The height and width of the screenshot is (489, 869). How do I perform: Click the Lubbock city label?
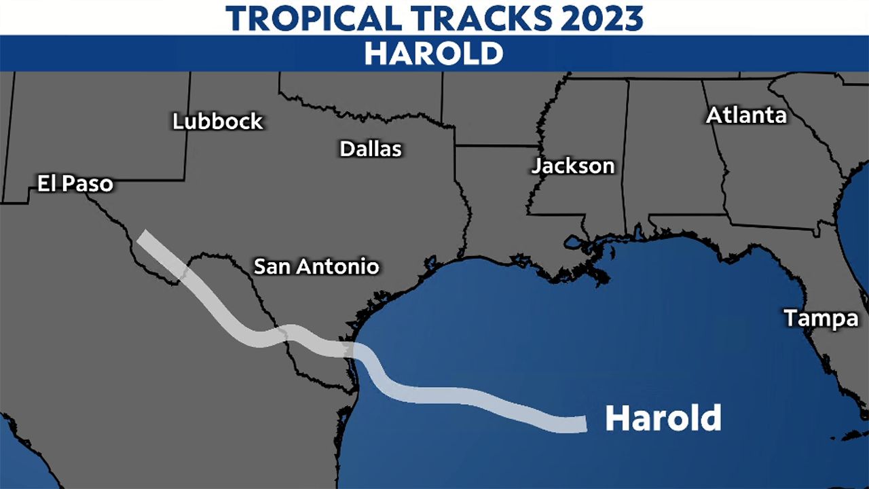(x=217, y=122)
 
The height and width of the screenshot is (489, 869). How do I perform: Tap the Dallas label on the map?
(x=371, y=149)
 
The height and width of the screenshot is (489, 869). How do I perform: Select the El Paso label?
(x=75, y=183)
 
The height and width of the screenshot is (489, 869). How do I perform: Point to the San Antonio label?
(x=316, y=266)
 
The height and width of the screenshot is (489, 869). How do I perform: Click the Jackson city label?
(x=573, y=166)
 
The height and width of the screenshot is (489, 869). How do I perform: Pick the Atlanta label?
(x=746, y=115)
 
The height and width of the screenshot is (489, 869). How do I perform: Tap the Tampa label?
(x=821, y=318)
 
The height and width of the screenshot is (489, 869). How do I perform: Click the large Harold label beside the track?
(x=663, y=418)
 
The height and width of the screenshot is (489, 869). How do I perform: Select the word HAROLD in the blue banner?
(x=434, y=54)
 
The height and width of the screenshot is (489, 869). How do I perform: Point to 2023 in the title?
(x=604, y=18)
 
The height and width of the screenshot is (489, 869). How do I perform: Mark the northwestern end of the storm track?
(x=143, y=236)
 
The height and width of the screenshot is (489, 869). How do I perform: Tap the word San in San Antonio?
(x=269, y=266)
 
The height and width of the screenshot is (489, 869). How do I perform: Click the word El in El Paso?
(x=46, y=183)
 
